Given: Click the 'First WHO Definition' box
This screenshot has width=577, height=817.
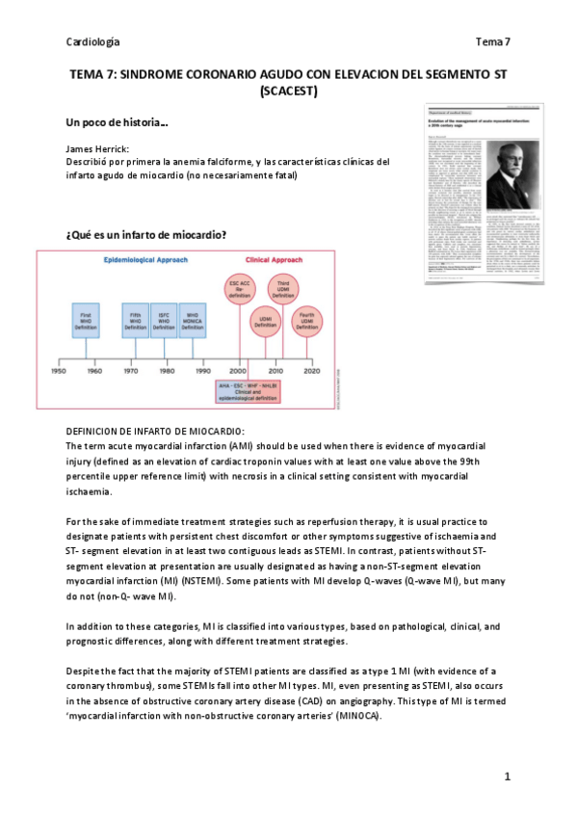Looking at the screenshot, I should coord(87,319).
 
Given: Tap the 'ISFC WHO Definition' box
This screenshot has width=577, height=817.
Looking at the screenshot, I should coord(165,319).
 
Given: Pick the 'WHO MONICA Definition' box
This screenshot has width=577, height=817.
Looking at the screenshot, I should coord(194,319).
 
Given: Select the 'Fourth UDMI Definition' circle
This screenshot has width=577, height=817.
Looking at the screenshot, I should coord(307,323).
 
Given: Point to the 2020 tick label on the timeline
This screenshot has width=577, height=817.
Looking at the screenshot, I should coord(311,371).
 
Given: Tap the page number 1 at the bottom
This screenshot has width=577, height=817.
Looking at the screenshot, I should coord(507,776).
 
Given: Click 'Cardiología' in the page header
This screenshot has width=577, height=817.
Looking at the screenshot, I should coord(92,42).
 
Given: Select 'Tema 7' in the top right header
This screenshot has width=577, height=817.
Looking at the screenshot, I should coord(492,42).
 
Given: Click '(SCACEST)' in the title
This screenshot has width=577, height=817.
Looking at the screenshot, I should coord(288,92).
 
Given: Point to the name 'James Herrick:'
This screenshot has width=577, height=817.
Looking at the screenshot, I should coord(98,150).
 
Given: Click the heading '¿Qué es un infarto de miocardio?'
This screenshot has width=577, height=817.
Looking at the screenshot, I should coord(145,235).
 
